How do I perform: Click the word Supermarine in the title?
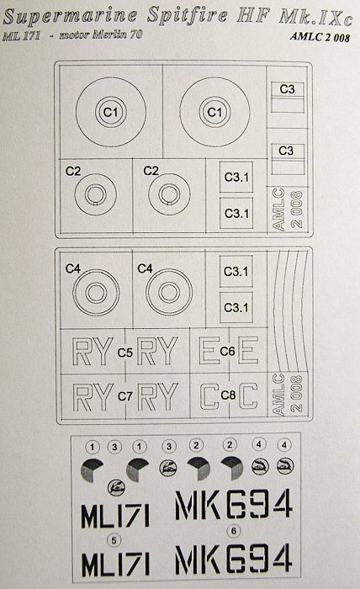[x=70, y=17]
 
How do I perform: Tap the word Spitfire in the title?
[x=187, y=16]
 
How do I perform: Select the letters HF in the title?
[x=254, y=16]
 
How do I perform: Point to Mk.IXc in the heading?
[x=316, y=18]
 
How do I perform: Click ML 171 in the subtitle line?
[x=21, y=36]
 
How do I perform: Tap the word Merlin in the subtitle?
[x=110, y=34]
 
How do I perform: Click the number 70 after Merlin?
[x=136, y=34]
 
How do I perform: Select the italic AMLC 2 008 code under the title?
[x=320, y=37]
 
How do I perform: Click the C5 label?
[x=125, y=353]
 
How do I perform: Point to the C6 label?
[x=227, y=351]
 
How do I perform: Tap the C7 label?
[x=125, y=396]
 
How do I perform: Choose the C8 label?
[x=228, y=395]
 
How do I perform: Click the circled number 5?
[x=114, y=540]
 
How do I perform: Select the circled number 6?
[x=234, y=531]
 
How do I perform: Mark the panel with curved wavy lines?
[x=288, y=310]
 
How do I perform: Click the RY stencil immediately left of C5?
[x=93, y=352]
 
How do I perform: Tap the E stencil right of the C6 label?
[x=248, y=350]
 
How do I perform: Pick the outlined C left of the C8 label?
[x=209, y=396]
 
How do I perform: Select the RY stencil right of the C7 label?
[x=157, y=396]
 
